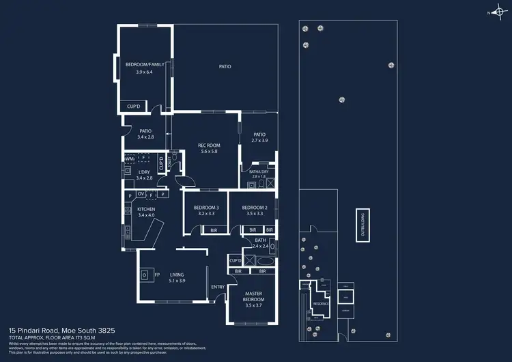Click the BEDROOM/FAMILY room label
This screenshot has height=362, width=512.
click(x=143, y=64)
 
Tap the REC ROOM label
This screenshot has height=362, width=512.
click(x=209, y=145)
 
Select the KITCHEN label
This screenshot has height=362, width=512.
click(x=146, y=209)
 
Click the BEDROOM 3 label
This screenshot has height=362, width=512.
click(x=206, y=207)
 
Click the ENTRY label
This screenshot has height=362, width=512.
click(x=218, y=287)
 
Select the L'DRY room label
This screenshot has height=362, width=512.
click(x=143, y=172)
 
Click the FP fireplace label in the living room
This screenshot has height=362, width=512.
click(x=157, y=275)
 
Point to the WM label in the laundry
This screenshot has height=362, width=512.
click(x=129, y=158)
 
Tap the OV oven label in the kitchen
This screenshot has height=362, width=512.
click(x=141, y=194)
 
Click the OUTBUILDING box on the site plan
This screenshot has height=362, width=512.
click(x=362, y=225)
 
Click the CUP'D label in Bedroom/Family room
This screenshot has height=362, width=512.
click(x=133, y=106)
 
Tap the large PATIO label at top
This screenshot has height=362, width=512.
click(x=225, y=66)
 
